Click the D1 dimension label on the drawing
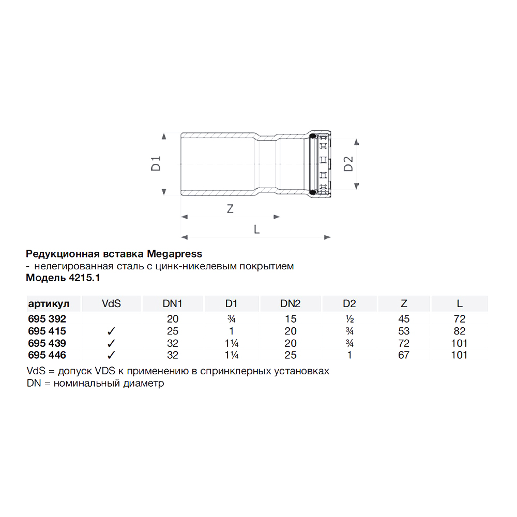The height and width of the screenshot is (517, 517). click(x=157, y=163)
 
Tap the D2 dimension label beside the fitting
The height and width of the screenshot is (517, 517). click(x=349, y=163)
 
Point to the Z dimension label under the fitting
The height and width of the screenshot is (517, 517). click(x=231, y=209)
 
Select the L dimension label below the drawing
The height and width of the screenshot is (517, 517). click(x=256, y=230)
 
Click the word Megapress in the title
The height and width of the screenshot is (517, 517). click(x=175, y=254)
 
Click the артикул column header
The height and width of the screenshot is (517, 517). click(x=48, y=303)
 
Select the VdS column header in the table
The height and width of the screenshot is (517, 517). click(x=111, y=303)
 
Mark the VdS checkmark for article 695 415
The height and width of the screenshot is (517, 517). click(x=111, y=331)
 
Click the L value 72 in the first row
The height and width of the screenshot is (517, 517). click(x=459, y=318)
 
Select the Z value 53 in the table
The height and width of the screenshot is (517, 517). click(x=404, y=331)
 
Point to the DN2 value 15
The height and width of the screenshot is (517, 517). click(x=291, y=318)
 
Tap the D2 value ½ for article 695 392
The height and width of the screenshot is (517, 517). click(x=349, y=318)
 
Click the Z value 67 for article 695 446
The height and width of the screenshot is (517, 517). click(x=404, y=355)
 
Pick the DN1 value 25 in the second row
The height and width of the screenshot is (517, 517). click(x=173, y=331)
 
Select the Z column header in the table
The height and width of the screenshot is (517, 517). click(x=404, y=303)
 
